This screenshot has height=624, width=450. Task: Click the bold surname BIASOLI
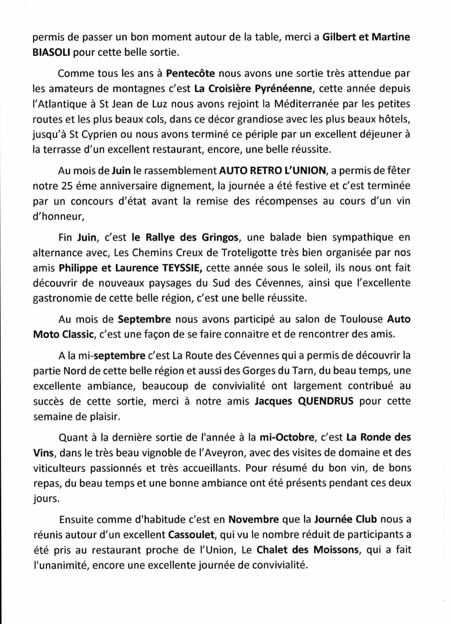tap(51, 52)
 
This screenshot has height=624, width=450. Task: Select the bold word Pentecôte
tap(190, 73)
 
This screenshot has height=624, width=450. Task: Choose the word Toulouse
tap(361, 319)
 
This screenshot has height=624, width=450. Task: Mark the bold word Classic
tap(78, 334)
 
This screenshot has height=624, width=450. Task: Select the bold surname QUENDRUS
tap(326, 401)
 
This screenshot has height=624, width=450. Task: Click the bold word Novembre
tap(254, 519)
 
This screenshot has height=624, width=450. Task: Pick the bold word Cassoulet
tap(191, 535)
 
